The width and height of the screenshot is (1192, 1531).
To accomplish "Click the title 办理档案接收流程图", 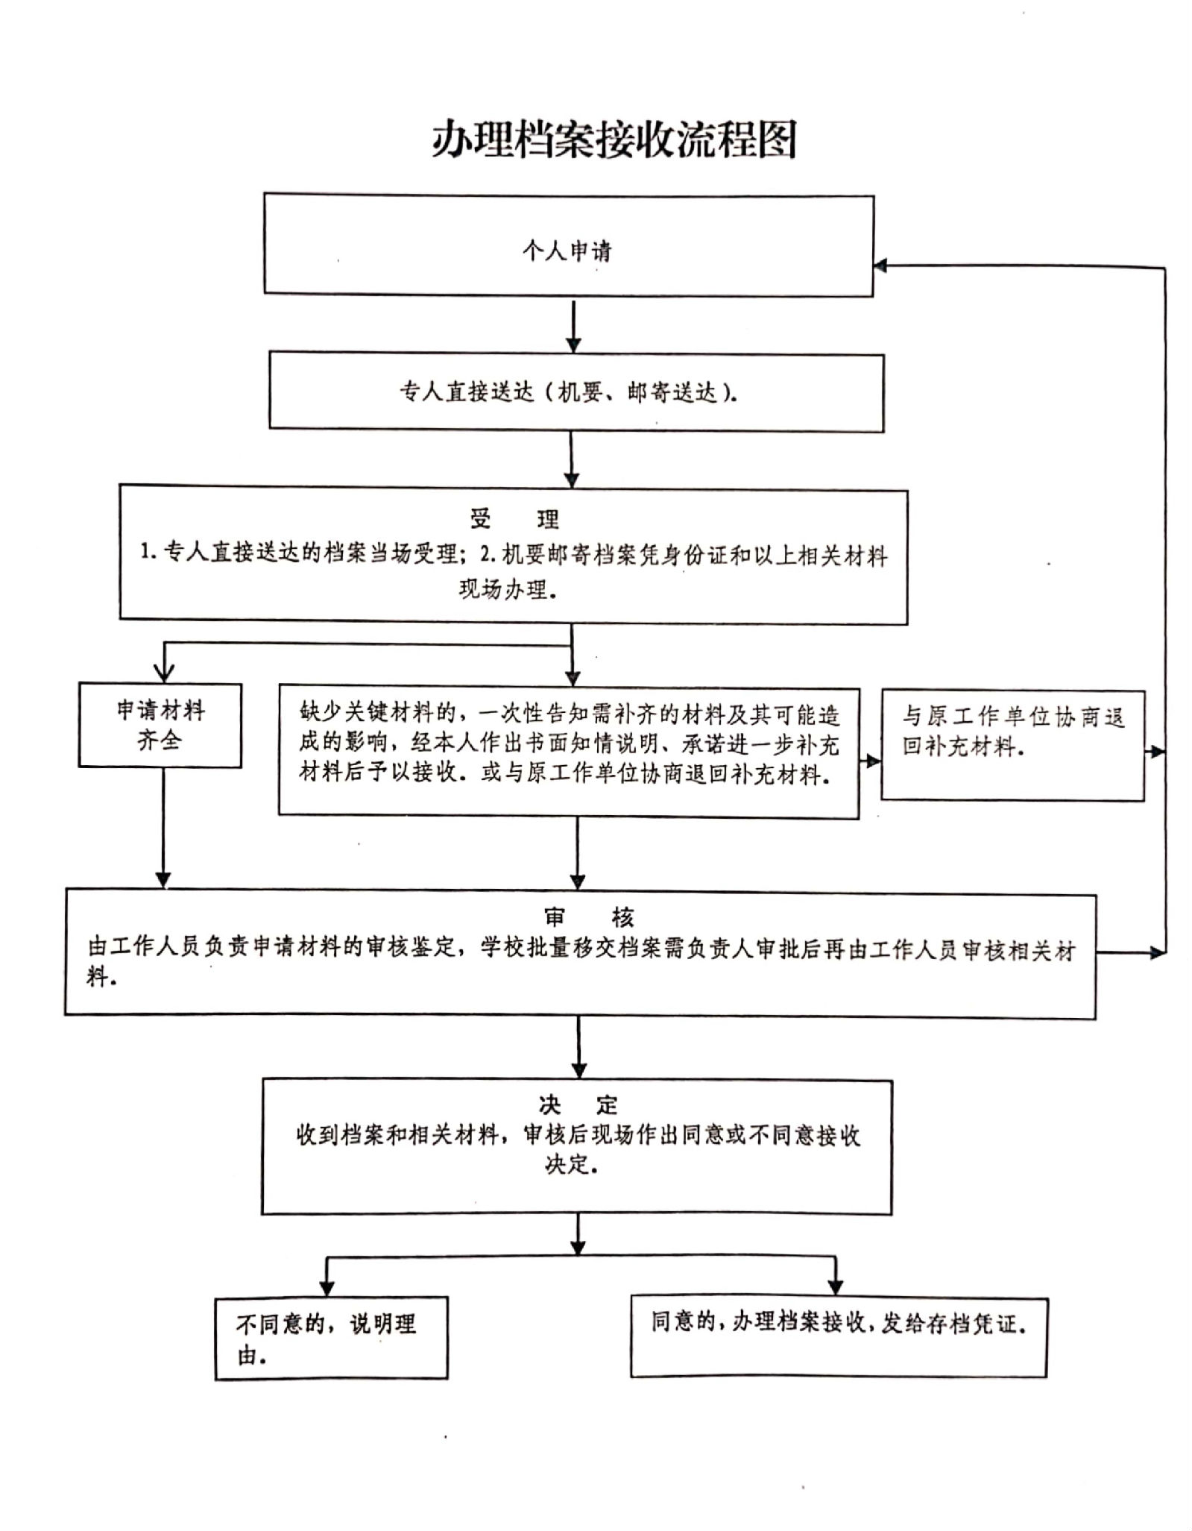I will coord(614,139).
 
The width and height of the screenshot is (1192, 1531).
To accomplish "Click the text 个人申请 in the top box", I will coord(567,251).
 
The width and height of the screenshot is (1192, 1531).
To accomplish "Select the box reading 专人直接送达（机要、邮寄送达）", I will coord(575,392).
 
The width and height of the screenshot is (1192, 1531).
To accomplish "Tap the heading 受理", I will coord(514,518).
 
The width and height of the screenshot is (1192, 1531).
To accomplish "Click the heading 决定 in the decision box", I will coord(578,1104).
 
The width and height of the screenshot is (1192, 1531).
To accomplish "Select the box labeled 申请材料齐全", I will coord(160,725).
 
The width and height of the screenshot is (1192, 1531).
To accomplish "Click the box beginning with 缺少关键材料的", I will coord(568,751).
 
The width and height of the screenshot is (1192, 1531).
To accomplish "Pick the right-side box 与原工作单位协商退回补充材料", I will coord(1012,745).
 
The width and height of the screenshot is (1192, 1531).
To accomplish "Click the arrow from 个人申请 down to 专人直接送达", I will coord(573,325).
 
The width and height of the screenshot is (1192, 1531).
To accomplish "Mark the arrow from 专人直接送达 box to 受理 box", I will coord(571,459).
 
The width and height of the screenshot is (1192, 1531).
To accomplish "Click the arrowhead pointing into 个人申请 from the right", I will coord(880,265).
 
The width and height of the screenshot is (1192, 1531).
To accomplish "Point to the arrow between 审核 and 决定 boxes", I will coord(578,1046).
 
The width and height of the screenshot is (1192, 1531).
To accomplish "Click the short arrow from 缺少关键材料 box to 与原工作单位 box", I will coord(870,761).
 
